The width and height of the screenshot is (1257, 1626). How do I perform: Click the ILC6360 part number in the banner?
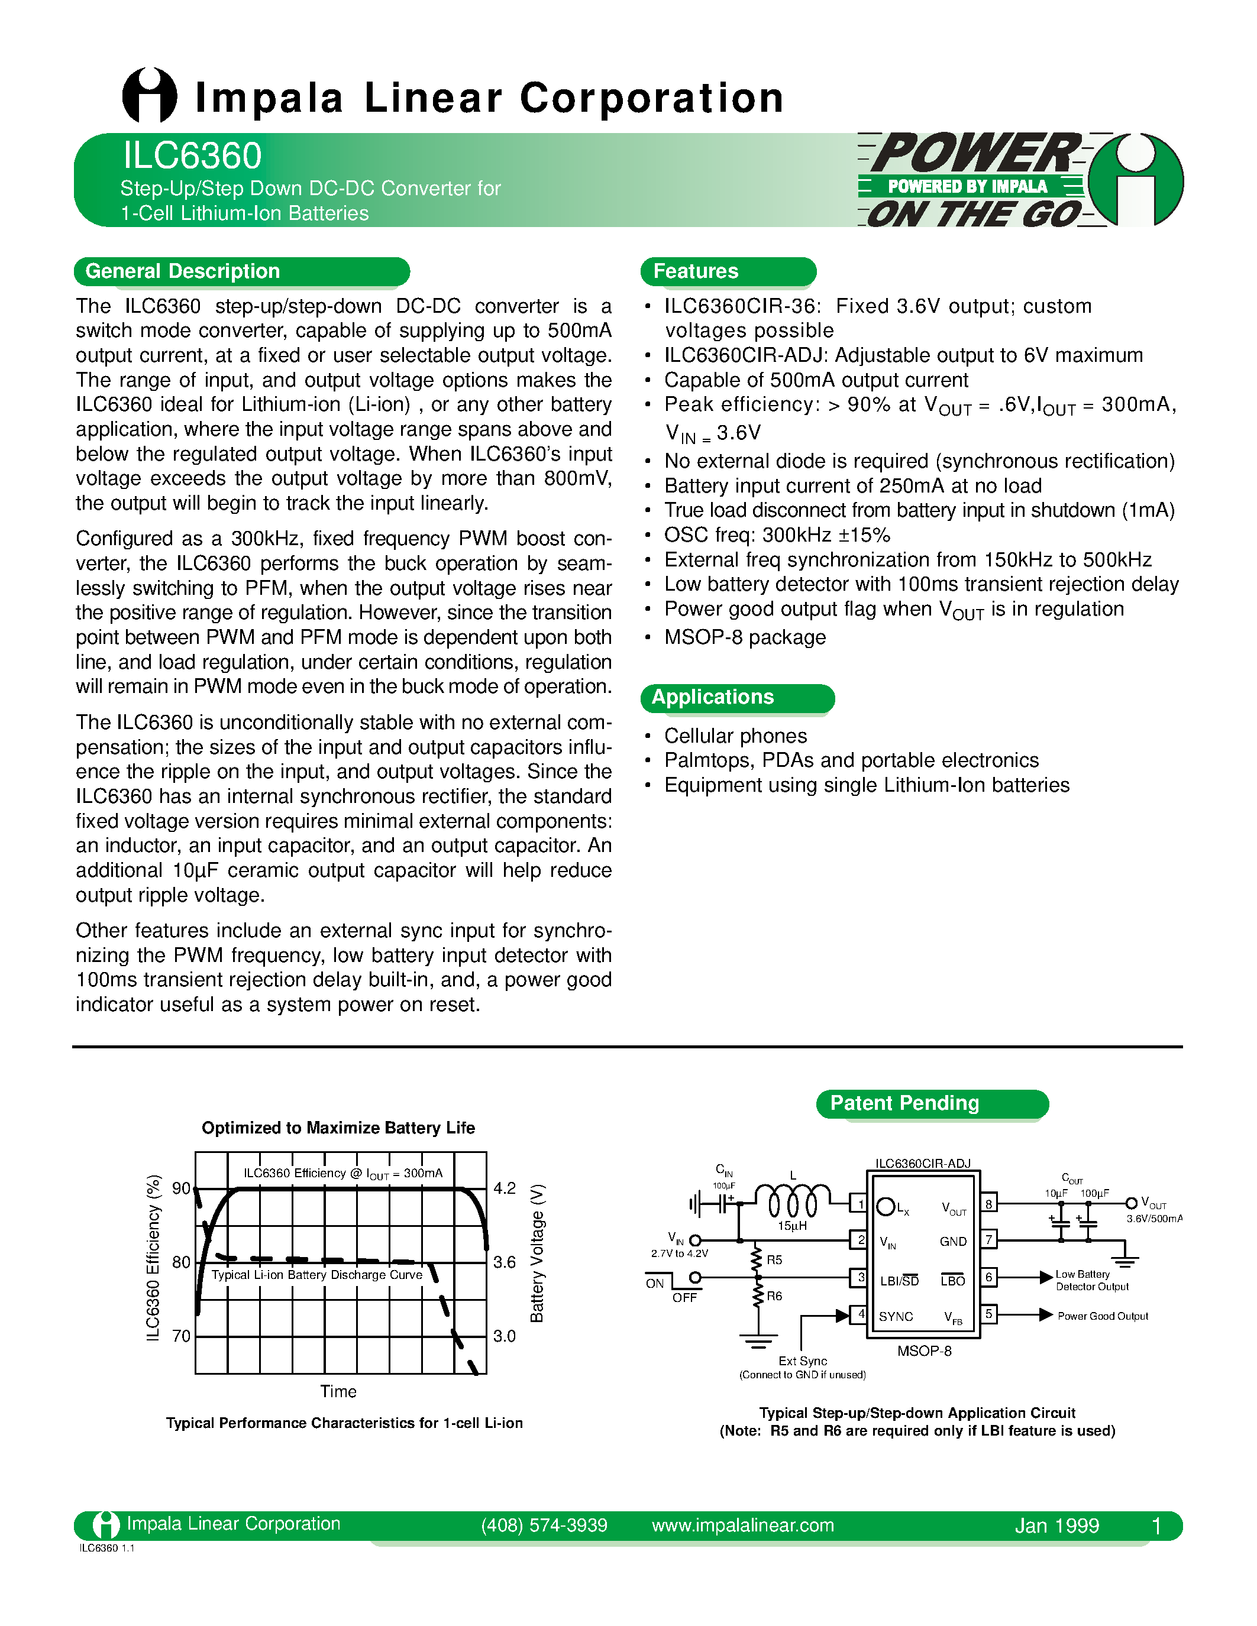192,156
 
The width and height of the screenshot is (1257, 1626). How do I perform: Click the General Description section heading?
182,271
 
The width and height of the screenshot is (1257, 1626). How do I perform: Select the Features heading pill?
696,271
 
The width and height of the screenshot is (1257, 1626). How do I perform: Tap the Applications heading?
713,697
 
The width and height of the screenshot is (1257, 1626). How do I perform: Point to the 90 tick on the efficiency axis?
181,1188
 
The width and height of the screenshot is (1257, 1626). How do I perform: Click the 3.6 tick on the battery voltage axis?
504,1262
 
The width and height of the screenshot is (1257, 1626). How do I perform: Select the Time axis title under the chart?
338,1391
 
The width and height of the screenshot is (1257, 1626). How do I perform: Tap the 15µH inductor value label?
792,1226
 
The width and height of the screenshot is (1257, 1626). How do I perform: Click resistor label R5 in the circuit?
774,1259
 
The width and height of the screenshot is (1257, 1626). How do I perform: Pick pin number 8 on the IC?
989,1204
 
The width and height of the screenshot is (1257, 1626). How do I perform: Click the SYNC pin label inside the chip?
896,1316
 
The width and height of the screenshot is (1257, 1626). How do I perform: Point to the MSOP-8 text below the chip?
924,1350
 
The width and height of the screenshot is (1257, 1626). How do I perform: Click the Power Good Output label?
1103,1316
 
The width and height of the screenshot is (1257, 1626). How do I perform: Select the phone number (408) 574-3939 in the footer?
544,1525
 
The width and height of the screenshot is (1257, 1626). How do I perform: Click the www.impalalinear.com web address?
742,1525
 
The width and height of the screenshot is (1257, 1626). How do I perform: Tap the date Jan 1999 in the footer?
1056,1525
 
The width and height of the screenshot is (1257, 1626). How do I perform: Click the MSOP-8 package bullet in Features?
745,637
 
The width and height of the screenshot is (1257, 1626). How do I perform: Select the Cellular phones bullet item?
735,736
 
